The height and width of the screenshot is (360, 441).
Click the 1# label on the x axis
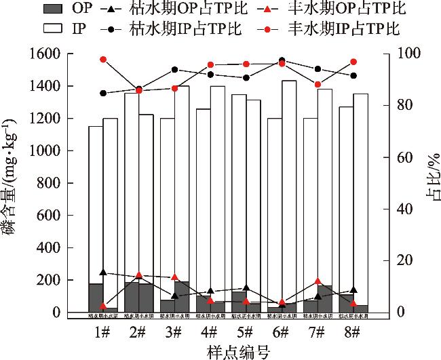pyautogui.click(x=102, y=332)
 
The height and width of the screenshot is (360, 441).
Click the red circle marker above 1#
pyautogui.click(x=103, y=60)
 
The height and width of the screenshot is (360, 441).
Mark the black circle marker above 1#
pyautogui.click(x=103, y=94)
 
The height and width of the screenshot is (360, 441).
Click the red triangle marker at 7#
pyautogui.click(x=318, y=281)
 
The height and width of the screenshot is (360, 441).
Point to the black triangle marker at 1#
pyautogui.click(x=103, y=273)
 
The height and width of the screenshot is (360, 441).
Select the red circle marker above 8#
pyautogui.click(x=353, y=62)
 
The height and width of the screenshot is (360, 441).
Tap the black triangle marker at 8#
pyautogui.click(x=353, y=290)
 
